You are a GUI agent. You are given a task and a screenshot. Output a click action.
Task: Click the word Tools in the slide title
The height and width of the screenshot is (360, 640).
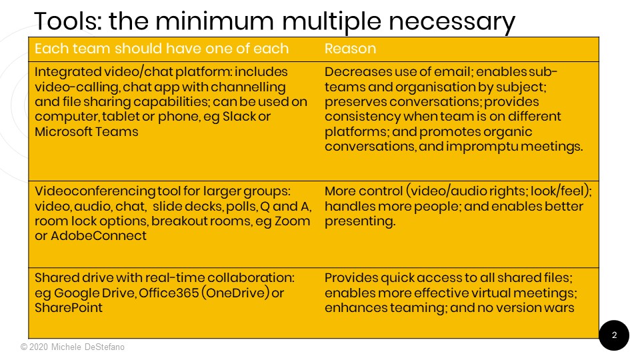68,21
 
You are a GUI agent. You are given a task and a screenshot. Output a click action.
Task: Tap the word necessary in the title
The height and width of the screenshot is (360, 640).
452,23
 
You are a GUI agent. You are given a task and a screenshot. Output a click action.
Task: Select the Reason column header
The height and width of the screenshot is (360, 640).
350,49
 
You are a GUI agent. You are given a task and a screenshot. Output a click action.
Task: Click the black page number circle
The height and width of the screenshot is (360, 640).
614,335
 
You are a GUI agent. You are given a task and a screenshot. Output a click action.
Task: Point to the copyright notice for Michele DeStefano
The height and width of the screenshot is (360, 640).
73,347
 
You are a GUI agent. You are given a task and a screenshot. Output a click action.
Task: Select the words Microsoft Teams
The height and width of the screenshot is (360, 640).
87,131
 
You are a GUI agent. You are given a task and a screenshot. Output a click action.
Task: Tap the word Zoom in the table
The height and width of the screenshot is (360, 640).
292,221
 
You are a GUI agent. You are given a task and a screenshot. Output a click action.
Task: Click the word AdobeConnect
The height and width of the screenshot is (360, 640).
99,235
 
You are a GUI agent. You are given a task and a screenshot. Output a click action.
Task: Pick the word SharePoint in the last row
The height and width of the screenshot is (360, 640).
69,307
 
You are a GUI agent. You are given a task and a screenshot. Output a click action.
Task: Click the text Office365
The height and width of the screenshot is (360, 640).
169,293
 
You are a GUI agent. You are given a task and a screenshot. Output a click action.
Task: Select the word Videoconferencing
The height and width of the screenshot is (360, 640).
95,191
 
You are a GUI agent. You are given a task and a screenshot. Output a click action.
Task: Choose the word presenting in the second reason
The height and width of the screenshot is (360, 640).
360,221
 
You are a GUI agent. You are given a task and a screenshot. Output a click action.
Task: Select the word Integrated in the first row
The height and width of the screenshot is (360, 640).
67,72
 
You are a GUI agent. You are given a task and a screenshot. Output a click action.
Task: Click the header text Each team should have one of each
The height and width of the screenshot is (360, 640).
161,49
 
